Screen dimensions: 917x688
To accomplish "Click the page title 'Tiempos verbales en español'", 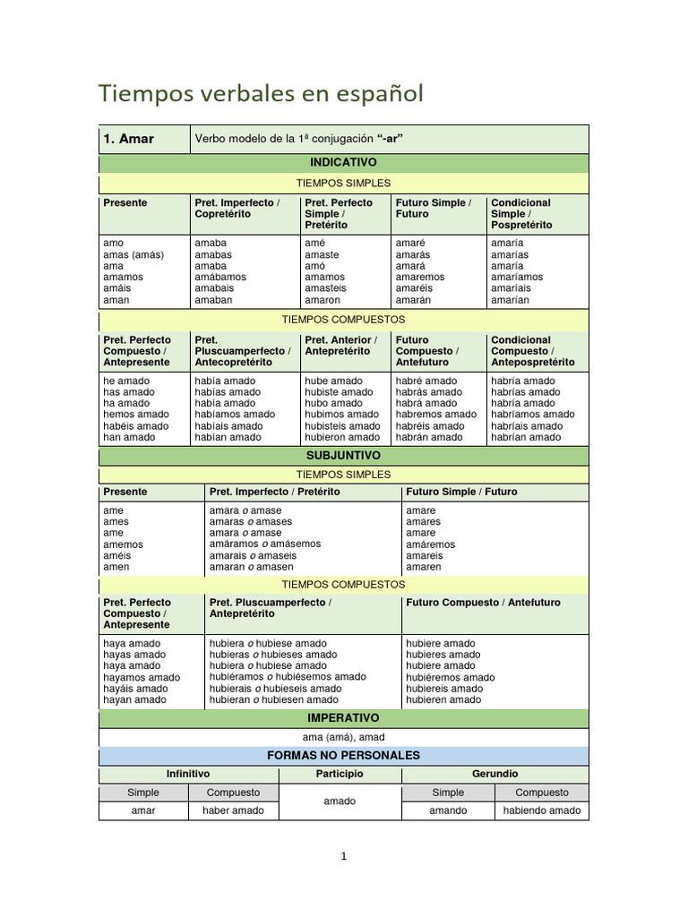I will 261,93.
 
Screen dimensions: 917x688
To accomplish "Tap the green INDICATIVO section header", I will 343,163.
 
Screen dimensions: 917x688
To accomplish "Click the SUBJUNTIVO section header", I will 343,456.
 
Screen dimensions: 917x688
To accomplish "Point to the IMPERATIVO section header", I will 343,718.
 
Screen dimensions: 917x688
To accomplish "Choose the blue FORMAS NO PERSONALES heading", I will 343,756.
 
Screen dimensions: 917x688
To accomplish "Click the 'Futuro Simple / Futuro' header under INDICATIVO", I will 433,209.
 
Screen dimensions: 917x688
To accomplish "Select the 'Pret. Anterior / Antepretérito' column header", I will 340,346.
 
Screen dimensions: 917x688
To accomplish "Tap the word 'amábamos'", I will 220,278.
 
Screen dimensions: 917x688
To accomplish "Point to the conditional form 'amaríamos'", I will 517,278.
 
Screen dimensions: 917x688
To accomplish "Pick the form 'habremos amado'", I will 436,415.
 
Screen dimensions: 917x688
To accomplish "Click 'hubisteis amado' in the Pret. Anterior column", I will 342,426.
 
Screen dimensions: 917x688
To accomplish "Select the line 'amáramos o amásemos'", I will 264,544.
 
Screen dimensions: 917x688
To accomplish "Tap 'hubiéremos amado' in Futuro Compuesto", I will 450,678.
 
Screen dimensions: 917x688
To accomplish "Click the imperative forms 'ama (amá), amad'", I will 343,737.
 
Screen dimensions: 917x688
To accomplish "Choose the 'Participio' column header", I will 340,774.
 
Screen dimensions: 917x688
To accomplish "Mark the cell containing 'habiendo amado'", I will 542,810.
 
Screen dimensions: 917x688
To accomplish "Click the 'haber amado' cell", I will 233,810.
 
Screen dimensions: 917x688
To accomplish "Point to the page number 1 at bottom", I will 344,856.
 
